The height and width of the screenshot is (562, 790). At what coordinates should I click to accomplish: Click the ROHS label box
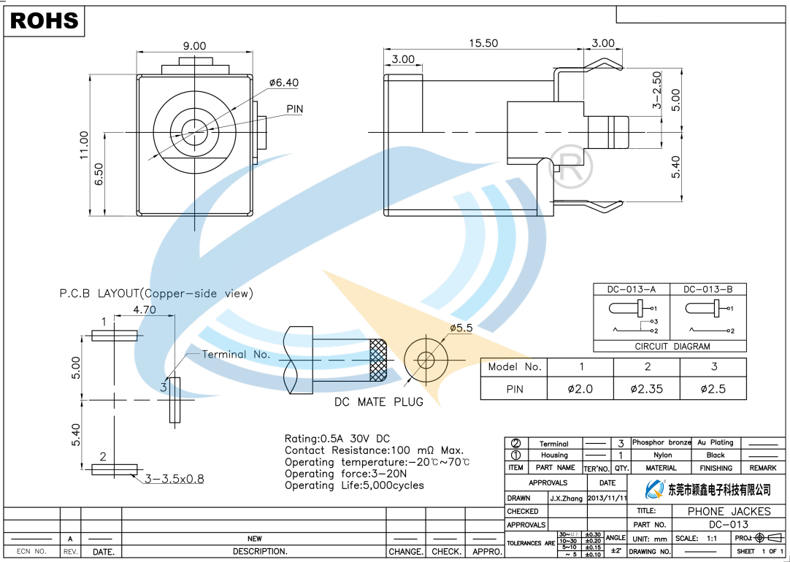45,21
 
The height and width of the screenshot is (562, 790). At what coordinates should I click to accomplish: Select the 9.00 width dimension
194,46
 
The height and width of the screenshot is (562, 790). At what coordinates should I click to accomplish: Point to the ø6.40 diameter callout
283,83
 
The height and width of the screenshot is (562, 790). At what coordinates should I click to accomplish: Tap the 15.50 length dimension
483,43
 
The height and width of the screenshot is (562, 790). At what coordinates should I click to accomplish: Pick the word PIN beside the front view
294,109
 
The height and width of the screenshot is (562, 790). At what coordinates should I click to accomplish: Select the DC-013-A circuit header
632,289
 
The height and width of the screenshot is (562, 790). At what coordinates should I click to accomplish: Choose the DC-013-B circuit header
708,289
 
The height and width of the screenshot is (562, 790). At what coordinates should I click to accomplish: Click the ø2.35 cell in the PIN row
647,389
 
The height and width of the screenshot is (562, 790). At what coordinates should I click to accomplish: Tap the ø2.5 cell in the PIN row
713,389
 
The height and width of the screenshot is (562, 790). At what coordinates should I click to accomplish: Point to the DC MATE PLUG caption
378,402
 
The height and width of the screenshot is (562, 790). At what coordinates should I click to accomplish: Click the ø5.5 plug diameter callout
461,328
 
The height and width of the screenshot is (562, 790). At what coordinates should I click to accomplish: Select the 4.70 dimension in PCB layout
145,309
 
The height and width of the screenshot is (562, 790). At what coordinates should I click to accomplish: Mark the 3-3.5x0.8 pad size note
175,480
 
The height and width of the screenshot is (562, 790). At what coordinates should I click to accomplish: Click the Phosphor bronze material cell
661,442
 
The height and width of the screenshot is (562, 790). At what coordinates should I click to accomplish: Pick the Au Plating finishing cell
716,442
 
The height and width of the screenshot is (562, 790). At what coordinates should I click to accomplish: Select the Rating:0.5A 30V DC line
337,439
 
